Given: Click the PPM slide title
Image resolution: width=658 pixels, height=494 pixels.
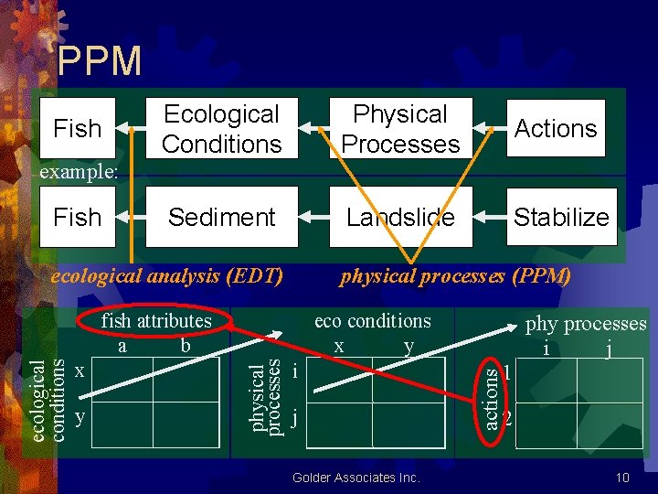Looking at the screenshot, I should coord(99,61).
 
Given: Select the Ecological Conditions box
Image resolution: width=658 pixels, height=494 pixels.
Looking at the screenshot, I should coord(221,129).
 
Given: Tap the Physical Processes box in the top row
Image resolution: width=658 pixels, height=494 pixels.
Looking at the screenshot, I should coord(400,129).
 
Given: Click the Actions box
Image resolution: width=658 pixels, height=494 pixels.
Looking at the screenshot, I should coord(555,128).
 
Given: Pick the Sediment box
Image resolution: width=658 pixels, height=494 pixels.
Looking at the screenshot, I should coord(221,217).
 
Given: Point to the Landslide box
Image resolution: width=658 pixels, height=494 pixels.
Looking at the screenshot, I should coord(400,217).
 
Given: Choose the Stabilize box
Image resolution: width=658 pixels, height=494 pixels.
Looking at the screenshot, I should coord(560,217).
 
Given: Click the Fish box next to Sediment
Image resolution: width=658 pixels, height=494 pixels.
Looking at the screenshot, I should coord(78,217).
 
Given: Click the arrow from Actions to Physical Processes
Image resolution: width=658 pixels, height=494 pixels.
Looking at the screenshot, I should coord(493,129).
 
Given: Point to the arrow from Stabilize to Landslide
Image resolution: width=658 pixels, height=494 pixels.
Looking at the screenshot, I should coord(493,217).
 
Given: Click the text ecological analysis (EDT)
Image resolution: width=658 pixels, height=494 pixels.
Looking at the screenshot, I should coord(166,274).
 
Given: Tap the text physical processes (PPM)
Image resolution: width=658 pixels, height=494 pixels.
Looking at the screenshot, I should coord(455,274).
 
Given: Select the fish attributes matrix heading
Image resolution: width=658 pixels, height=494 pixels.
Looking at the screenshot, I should coord(156,320).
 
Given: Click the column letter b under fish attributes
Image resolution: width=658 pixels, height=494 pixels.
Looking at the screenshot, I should coord(186,345).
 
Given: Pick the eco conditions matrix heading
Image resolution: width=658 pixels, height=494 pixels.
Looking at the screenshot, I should coord(372,320).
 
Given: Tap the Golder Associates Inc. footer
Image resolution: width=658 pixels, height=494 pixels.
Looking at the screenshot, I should coord(356,478).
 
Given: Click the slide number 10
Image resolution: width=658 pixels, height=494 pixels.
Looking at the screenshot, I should coord(622,478).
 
